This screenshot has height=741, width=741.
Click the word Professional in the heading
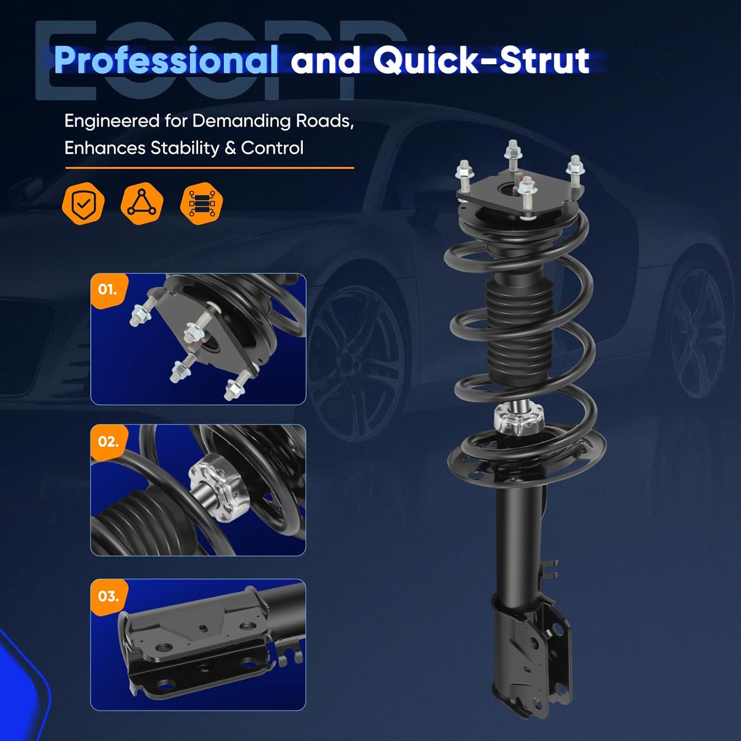165,60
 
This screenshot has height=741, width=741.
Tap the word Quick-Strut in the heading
481,60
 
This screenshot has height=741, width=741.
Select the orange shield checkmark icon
83,203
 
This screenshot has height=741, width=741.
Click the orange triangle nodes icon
142,203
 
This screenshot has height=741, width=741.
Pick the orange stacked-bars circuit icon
201,203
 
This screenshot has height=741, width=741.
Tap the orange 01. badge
108,289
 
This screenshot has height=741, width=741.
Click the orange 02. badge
108,441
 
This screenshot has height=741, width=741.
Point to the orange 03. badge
108,596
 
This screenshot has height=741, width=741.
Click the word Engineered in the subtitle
112,121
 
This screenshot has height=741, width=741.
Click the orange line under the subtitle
209,168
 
